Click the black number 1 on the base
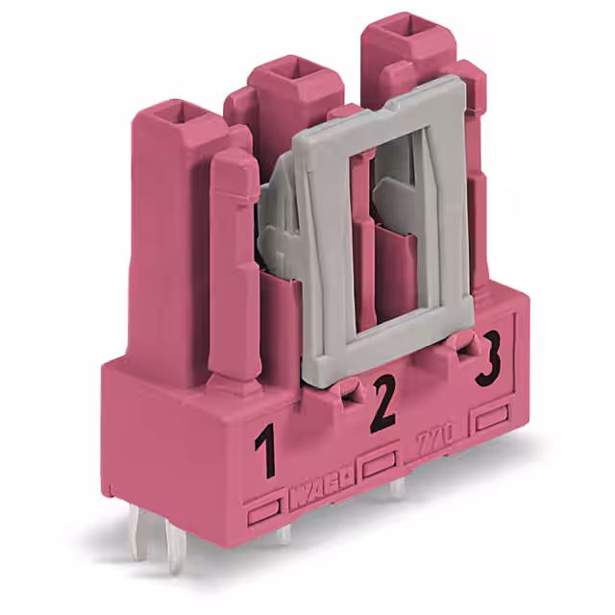pyautogui.click(x=264, y=455)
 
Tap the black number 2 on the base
pyautogui.click(x=383, y=405)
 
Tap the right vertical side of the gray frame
pyautogui.click(x=458, y=211)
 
